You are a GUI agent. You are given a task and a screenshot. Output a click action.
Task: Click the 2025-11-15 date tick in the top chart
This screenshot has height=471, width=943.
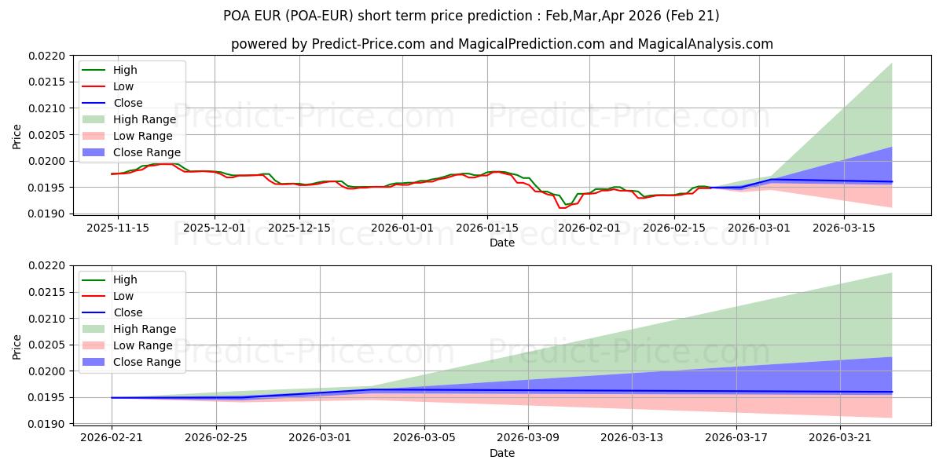pyautogui.click(x=118, y=228)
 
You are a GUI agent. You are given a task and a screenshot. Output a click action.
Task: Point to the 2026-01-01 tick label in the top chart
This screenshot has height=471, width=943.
pyautogui.click(x=402, y=228)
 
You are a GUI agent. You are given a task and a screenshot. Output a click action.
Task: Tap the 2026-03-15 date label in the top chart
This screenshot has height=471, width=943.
pyautogui.click(x=844, y=228)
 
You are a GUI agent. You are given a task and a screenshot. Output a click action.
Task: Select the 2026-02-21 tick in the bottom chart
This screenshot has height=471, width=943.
pyautogui.click(x=112, y=438)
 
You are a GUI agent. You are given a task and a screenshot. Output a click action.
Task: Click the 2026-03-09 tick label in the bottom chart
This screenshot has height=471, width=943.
pyautogui.click(x=528, y=438)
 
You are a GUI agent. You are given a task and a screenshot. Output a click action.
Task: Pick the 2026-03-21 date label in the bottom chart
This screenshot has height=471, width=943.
pyautogui.click(x=840, y=438)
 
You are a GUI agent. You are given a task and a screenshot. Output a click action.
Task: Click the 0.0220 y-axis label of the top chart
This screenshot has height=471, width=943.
pyautogui.click(x=46, y=56)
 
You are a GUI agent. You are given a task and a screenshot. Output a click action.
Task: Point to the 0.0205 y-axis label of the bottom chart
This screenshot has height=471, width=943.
pyautogui.click(x=46, y=345)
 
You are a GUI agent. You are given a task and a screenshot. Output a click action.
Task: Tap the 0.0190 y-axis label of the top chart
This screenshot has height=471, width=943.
pyautogui.click(x=46, y=214)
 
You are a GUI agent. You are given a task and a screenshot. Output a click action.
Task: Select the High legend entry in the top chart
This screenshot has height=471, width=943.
pyautogui.click(x=125, y=70)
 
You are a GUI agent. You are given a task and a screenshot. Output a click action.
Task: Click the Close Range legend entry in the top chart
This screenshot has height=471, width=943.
pyautogui.click(x=146, y=152)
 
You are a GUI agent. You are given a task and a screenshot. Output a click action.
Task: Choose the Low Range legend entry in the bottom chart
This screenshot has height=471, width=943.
pyautogui.click(x=143, y=345)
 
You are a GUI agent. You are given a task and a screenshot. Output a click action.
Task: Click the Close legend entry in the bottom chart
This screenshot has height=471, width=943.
pyautogui.click(x=128, y=312)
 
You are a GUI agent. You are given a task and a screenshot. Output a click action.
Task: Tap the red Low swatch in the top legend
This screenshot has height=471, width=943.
pyautogui.click(x=94, y=86)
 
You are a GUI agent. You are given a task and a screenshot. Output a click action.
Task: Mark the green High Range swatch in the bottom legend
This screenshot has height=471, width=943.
pyautogui.click(x=94, y=329)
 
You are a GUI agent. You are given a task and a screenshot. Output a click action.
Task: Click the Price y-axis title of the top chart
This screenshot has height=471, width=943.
pyautogui.click(x=17, y=137)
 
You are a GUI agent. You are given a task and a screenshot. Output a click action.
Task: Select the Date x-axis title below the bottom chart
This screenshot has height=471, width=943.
pyautogui.click(x=502, y=453)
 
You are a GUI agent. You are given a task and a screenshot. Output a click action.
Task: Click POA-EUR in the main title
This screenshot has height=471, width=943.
pyautogui.click(x=320, y=16)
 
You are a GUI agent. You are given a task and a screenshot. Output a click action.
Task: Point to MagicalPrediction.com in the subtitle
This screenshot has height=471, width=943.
pyautogui.click(x=531, y=44)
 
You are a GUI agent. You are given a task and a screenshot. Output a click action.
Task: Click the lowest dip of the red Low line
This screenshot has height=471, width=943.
pyautogui.click(x=562, y=208)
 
